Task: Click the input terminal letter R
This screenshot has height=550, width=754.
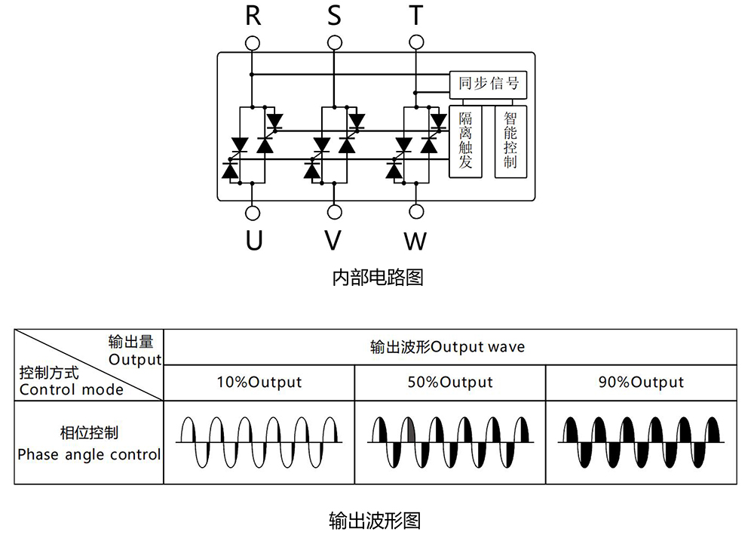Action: [253, 15]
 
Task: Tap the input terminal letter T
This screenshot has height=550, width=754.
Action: [415, 15]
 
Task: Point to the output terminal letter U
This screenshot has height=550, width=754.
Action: [254, 241]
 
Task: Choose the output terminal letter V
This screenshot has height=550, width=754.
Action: [333, 241]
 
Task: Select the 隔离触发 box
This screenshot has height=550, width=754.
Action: [465, 141]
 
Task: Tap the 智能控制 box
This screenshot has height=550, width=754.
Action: [510, 141]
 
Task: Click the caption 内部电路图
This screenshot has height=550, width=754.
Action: [378, 278]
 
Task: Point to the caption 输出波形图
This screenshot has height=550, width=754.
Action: [375, 521]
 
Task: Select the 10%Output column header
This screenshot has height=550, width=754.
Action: [259, 383]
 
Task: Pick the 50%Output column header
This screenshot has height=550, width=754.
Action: [450, 383]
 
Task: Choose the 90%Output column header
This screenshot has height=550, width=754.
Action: [641, 383]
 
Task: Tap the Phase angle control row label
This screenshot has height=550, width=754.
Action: [89, 455]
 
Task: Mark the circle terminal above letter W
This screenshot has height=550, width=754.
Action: [415, 213]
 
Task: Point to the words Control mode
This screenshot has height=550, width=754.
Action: [72, 390]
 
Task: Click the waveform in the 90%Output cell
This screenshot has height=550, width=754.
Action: [641, 441]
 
